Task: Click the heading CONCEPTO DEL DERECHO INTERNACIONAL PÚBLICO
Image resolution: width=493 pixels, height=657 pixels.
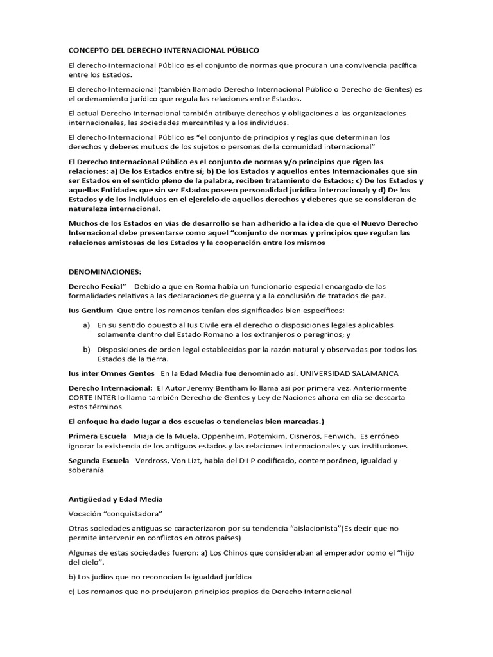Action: (164, 49)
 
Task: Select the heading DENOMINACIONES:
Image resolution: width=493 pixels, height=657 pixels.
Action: (105, 271)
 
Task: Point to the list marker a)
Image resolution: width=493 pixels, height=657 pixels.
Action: (87, 325)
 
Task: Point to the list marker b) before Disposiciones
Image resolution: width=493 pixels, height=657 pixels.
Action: (87, 350)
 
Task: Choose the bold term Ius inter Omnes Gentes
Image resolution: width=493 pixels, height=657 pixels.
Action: (112, 373)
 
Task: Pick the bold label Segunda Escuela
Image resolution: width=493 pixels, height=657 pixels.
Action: (99, 461)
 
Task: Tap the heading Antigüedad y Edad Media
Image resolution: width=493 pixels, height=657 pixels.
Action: (116, 499)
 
